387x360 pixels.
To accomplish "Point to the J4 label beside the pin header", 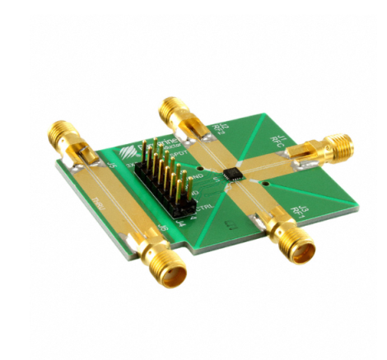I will click(x=183, y=217).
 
